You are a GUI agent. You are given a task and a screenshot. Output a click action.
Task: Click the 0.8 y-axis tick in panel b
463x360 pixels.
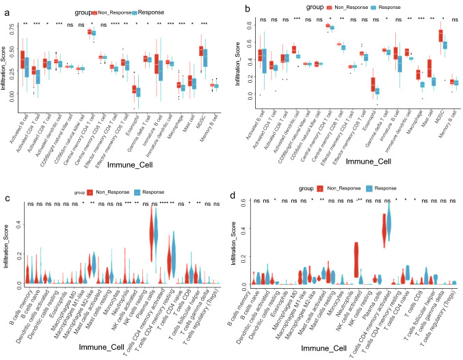250,25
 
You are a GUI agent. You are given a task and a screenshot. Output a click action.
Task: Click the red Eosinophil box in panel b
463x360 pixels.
372,83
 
